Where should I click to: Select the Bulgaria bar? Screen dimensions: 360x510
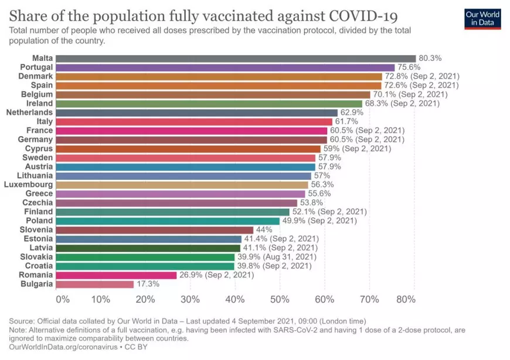click(x=94, y=284)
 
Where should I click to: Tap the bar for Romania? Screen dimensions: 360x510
click(x=116, y=275)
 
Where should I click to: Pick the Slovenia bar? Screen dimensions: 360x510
click(x=155, y=230)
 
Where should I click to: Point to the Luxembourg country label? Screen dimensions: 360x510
click(x=29, y=185)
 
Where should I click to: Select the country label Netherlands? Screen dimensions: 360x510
click(x=29, y=113)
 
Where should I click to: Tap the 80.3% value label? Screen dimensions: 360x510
click(x=430, y=58)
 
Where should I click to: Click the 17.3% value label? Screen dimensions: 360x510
click(x=147, y=284)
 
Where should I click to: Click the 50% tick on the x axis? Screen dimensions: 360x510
click(x=280, y=299)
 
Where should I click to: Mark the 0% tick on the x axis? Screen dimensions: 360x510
click(x=62, y=299)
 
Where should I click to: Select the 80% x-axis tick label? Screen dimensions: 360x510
click(x=406, y=299)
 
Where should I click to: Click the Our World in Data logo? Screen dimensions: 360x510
click(x=482, y=19)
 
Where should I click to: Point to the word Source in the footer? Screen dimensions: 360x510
click(x=22, y=321)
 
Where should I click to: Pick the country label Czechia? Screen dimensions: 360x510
click(x=38, y=203)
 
